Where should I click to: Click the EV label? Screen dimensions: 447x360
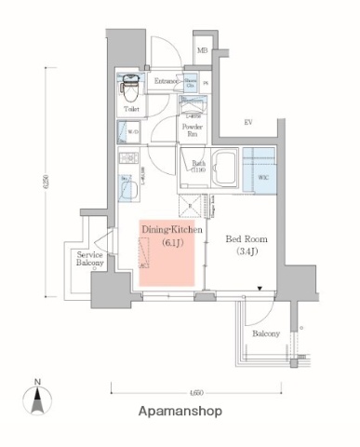pyautogui.click(x=248, y=122)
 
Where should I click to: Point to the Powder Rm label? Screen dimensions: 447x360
pyautogui.click(x=193, y=129)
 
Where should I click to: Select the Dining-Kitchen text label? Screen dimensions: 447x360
pyautogui.click(x=167, y=228)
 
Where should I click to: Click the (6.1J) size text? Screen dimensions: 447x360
pyautogui.click(x=167, y=242)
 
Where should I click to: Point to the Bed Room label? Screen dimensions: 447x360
pyautogui.click(x=246, y=237)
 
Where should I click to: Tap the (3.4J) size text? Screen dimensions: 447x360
pyautogui.click(x=246, y=251)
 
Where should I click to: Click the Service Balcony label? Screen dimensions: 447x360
pyautogui.click(x=90, y=259)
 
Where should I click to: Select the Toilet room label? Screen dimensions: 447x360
pyautogui.click(x=130, y=109)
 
